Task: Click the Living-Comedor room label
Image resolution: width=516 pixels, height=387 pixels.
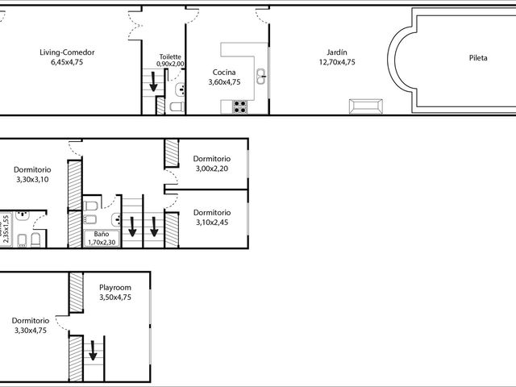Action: (x=67, y=52)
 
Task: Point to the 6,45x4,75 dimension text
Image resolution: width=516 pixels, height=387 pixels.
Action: (x=67, y=62)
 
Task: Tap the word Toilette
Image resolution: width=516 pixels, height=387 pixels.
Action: (x=170, y=56)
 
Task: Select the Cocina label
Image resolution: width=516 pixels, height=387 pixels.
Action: (x=224, y=72)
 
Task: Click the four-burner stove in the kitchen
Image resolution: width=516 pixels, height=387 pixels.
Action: (x=240, y=106)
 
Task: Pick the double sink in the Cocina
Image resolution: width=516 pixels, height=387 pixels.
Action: (x=261, y=77)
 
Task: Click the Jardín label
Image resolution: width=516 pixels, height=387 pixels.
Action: (x=337, y=52)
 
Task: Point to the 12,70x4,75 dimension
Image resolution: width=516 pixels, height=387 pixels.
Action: (x=337, y=62)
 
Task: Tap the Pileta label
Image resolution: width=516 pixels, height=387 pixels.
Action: (x=478, y=58)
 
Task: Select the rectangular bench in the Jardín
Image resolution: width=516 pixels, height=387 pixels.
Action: (x=365, y=106)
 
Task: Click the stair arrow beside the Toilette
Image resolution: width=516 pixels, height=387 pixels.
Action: (x=153, y=81)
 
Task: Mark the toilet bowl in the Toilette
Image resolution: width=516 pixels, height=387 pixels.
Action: (x=177, y=106)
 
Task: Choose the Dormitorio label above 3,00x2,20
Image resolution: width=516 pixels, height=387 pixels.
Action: (x=211, y=159)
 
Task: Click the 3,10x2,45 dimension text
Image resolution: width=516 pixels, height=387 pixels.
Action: (x=212, y=223)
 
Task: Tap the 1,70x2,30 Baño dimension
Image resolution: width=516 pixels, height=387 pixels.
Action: (x=102, y=243)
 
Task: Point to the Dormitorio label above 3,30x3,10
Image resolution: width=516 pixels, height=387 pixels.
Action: (x=32, y=170)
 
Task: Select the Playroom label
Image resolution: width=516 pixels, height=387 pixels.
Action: (x=115, y=288)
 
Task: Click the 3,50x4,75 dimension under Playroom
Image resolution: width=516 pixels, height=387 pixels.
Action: (x=115, y=298)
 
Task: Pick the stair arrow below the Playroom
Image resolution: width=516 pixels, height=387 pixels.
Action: (x=94, y=351)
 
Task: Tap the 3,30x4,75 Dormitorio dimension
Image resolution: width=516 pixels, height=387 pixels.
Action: (x=31, y=331)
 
